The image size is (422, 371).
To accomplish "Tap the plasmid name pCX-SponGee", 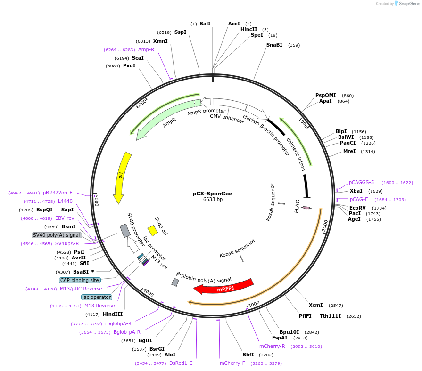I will [213, 194].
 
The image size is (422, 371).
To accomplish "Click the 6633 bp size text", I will [213, 200].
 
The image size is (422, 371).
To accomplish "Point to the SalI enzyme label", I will [205, 24].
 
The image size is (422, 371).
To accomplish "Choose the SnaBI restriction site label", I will [274, 45].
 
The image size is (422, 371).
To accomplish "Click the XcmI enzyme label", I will [315, 305].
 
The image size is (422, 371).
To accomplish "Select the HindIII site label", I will [113, 314].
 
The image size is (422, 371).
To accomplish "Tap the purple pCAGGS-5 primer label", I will [361, 182].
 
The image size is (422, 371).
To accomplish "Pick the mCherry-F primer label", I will [232, 363].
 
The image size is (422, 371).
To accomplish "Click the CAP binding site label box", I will [80, 280].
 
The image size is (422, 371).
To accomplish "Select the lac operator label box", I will [97, 297].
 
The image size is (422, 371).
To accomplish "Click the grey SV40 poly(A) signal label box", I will [57, 235].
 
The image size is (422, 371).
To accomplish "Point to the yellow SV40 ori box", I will [152, 230].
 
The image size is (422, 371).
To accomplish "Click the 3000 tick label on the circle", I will [254, 304].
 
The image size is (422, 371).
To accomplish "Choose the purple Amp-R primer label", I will [146, 49].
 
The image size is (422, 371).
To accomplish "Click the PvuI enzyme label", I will [129, 65].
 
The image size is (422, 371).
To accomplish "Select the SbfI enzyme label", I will [248, 355].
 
